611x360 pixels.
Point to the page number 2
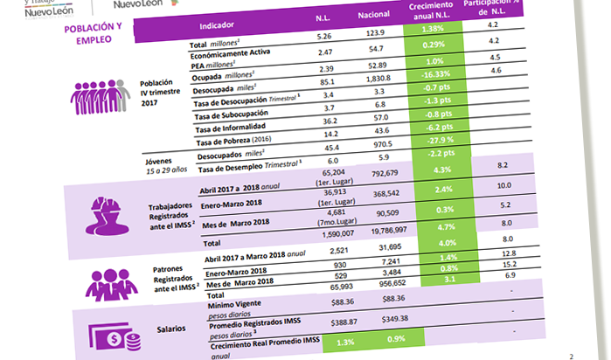pos(570,356)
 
